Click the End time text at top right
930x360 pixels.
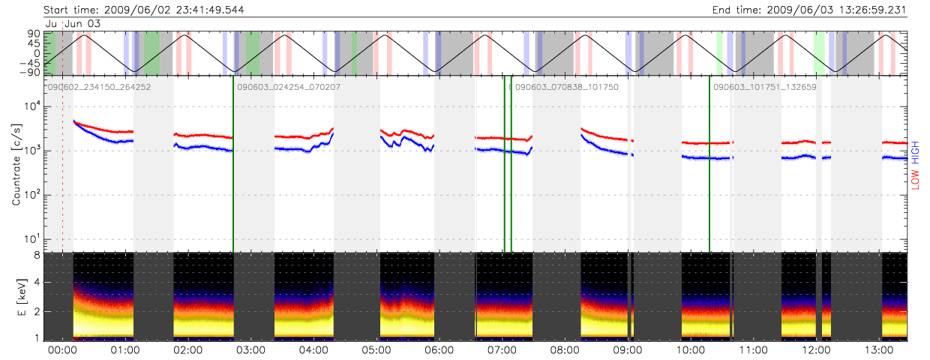pyautogui.click(x=809, y=10)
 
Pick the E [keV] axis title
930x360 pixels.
pyautogui.click(x=16, y=297)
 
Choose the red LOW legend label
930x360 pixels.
pyautogui.click(x=916, y=179)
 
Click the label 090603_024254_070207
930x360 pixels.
pyautogui.click(x=289, y=87)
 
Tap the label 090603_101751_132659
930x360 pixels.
pyautogui.click(x=764, y=87)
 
